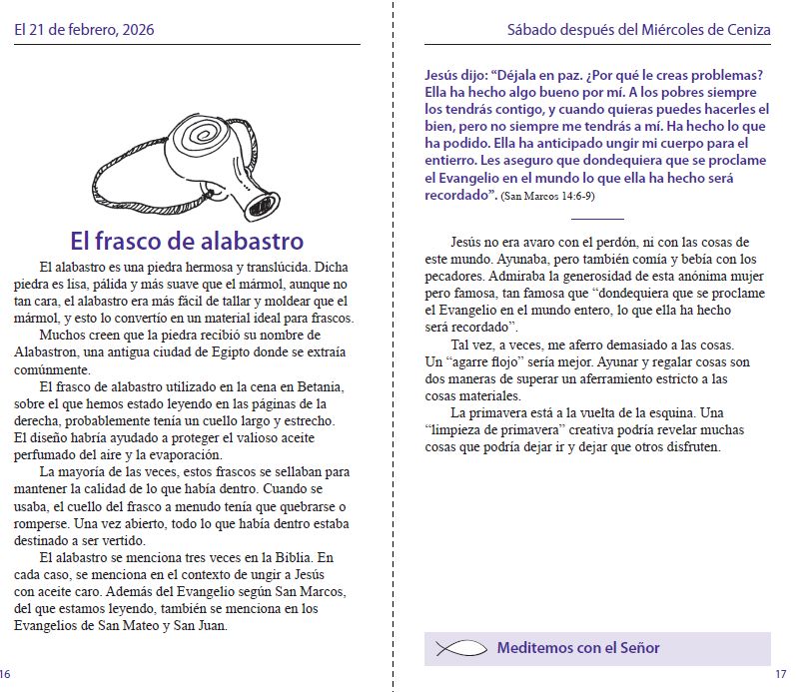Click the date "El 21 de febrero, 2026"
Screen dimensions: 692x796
(x=84, y=30)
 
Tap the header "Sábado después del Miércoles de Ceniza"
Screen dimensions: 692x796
(x=639, y=30)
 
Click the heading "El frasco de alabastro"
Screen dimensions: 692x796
(x=187, y=241)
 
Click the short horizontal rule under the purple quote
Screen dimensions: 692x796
(x=598, y=219)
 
